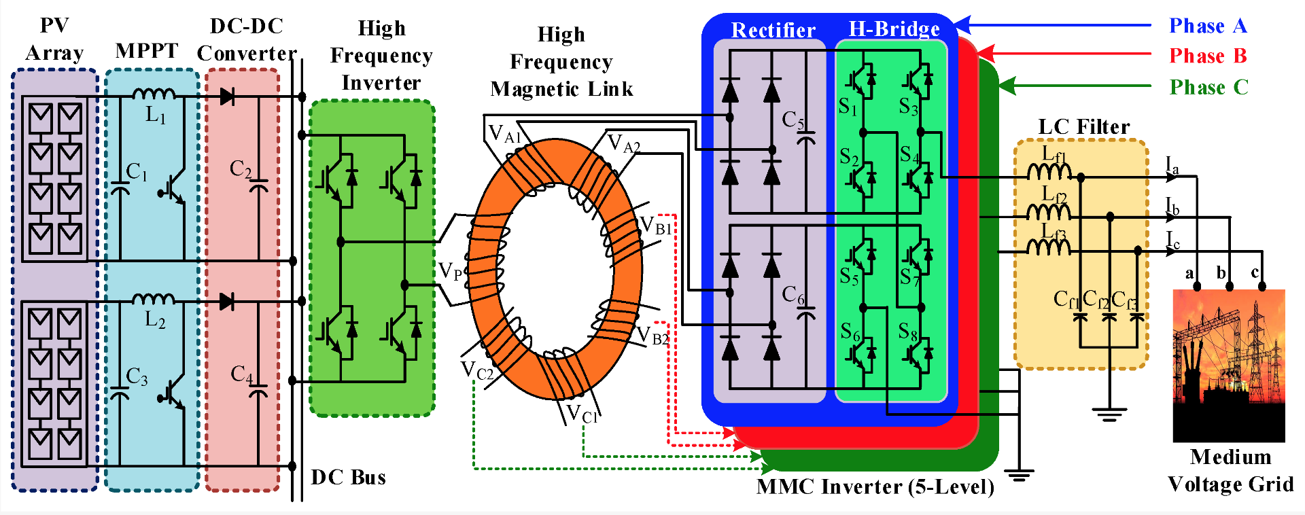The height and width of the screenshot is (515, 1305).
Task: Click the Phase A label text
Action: point(1208,26)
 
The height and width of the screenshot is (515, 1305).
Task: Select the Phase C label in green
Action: point(1208,88)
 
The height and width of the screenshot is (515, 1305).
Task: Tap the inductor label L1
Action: point(156,115)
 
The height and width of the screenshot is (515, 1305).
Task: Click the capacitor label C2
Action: point(241,168)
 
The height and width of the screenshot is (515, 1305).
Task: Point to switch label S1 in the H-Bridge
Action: point(848,107)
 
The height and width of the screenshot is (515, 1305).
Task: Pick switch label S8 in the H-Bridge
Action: point(908,332)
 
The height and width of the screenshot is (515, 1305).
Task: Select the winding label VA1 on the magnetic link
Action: point(504,134)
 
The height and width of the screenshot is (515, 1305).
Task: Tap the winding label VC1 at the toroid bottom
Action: point(582,413)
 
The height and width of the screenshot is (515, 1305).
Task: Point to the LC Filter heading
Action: point(1083,126)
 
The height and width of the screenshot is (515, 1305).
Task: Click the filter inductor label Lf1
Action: point(1054,155)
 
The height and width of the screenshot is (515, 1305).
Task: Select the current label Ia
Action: point(1172,165)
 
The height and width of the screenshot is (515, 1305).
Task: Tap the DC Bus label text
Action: point(348,478)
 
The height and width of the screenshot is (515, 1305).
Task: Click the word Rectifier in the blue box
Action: point(773,31)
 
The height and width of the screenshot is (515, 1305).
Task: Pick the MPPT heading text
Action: point(147,51)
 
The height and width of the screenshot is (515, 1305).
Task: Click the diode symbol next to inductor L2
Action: point(227,301)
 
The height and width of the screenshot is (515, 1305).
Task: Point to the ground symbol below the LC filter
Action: point(1109,414)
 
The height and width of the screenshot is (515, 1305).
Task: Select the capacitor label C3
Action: point(137,376)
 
